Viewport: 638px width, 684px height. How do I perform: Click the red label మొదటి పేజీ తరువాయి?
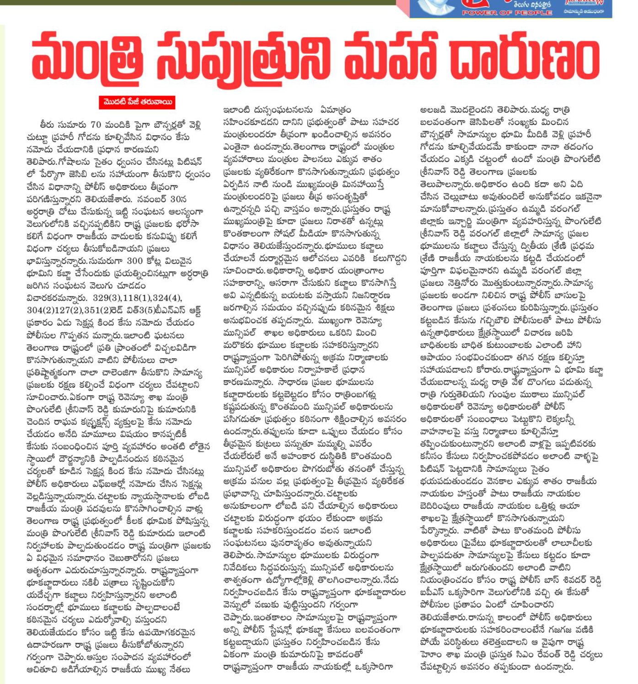137,102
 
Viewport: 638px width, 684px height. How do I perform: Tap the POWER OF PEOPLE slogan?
507,13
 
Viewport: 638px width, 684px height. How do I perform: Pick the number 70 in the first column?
96,125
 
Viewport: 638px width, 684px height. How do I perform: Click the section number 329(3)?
105,298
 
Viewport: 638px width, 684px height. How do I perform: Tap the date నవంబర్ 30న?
170,199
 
